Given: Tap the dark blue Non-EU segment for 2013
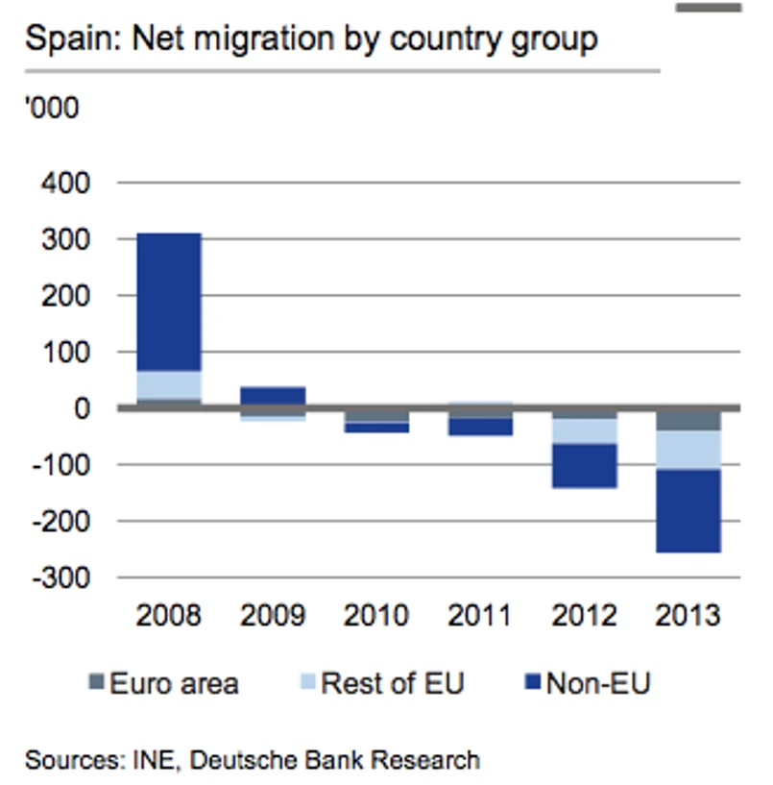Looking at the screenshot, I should pos(688,510).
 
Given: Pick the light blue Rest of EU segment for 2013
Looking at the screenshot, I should pos(688,450).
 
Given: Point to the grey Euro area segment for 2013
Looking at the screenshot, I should pos(688,420).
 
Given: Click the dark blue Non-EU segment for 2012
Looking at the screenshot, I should pos(584,465).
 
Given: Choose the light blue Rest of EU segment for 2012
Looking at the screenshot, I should pos(584,430).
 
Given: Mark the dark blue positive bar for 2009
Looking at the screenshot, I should pos(273,395).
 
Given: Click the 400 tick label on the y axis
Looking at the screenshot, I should pos(64,183).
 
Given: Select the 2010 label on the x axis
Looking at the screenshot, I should pos(375,615).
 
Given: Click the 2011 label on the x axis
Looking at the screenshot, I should pos(479,615).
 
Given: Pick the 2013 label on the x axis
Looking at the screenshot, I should pos(688,615).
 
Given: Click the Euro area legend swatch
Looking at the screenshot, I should pos(95,683).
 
